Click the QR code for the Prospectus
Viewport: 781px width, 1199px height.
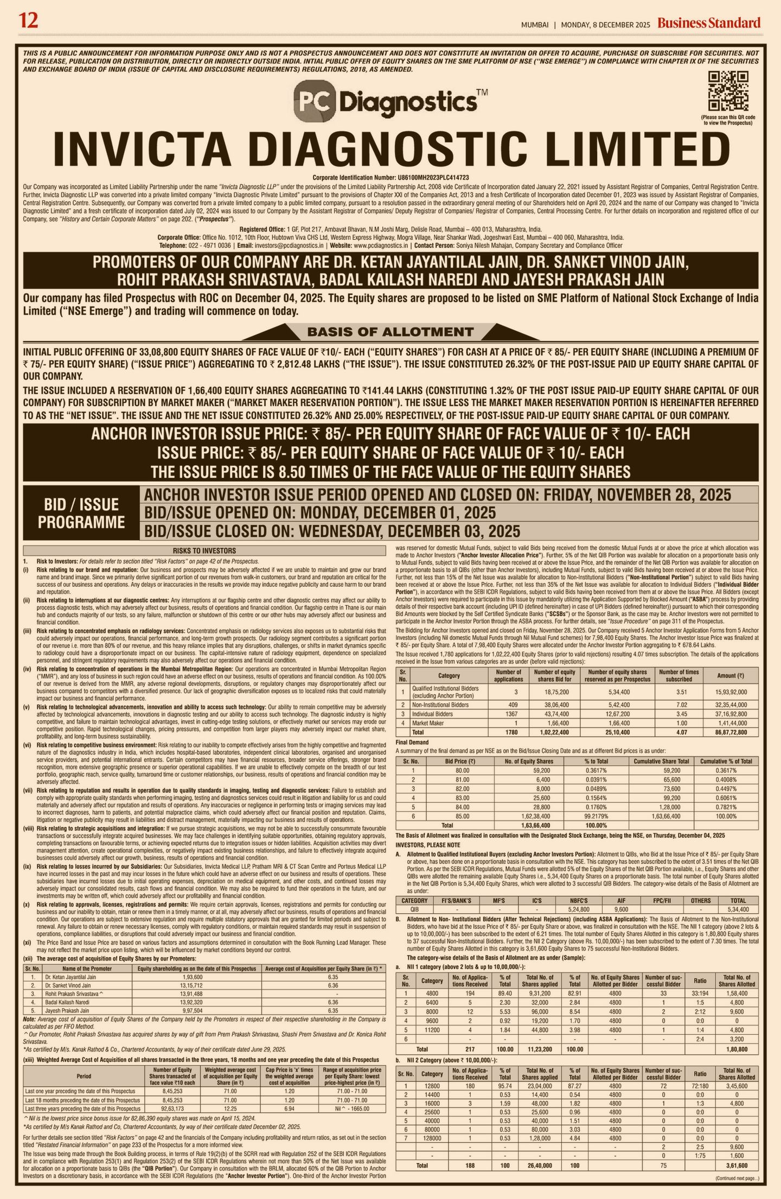coord(728,91)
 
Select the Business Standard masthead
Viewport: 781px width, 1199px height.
coord(709,23)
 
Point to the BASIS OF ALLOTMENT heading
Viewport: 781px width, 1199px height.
coord(390,331)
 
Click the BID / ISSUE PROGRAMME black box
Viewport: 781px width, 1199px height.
coord(81,513)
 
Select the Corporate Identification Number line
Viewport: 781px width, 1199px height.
coord(390,177)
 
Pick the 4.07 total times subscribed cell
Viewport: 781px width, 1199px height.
coord(678,732)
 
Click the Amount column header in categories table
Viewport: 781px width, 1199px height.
coord(730,675)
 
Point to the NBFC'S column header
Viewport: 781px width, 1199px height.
coord(579,901)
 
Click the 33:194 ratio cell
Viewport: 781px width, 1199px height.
coord(700,993)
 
